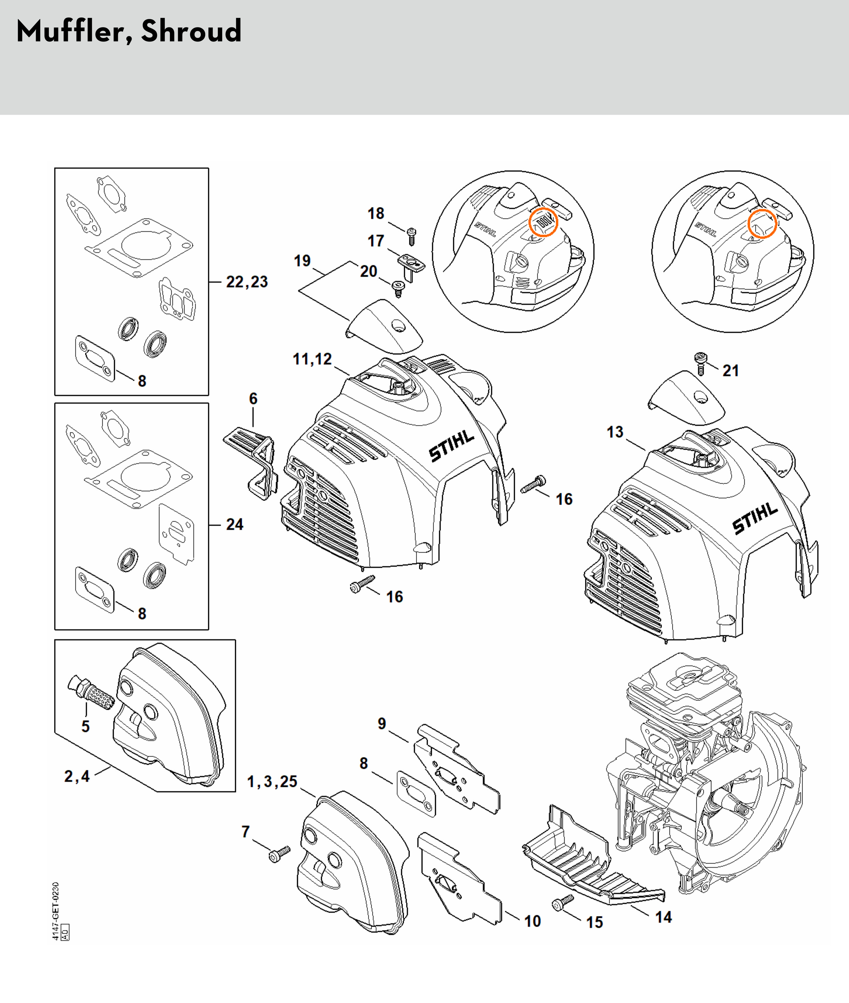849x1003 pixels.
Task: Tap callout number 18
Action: click(376, 214)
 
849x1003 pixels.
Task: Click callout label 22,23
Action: click(247, 282)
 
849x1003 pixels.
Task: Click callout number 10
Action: click(532, 921)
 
